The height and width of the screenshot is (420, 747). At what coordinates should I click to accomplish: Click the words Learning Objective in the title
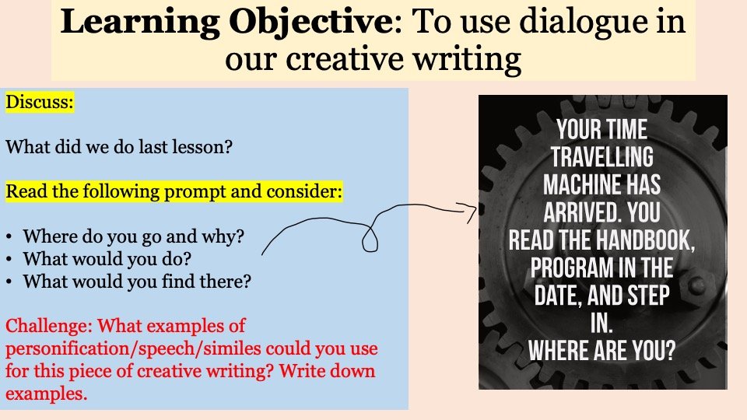[x=226, y=22]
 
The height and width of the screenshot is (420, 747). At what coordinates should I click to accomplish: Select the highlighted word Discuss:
[x=40, y=102]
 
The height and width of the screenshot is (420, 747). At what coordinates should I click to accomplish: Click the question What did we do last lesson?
[x=118, y=147]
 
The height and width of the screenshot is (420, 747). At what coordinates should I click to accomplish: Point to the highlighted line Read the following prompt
[x=174, y=191]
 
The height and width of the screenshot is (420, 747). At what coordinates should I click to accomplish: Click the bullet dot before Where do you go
[x=9, y=237]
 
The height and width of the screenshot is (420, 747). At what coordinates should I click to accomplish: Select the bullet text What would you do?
[x=107, y=259]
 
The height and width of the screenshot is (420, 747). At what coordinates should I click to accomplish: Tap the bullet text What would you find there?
[x=137, y=282]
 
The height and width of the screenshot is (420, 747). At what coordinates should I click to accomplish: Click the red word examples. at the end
[x=46, y=394]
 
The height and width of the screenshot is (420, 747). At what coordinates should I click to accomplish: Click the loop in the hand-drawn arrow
[x=370, y=239]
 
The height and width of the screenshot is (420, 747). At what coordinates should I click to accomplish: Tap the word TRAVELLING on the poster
[x=602, y=156]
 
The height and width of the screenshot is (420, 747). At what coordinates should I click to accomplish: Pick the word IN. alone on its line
[x=601, y=323]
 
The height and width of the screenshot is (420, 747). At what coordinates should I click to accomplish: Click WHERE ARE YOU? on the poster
[x=602, y=351]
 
